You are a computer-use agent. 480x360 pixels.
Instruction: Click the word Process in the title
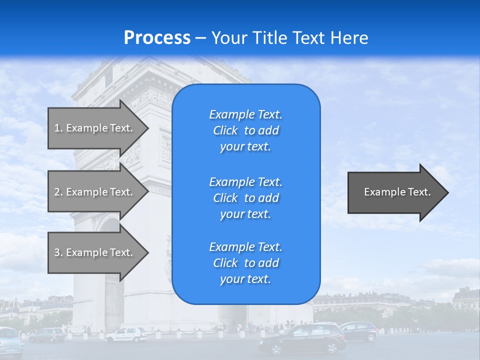point(157,38)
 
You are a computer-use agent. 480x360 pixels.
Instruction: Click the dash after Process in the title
point(201,38)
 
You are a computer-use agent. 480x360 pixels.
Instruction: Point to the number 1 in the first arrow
point(57,128)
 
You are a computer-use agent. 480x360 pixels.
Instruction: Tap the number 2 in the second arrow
point(57,192)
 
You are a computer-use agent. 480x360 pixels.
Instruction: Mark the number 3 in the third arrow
point(57,252)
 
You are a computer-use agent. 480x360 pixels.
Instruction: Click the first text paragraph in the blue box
point(245,130)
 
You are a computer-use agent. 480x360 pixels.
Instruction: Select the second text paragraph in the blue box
point(245,198)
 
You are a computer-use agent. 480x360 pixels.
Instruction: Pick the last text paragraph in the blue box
point(245,263)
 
